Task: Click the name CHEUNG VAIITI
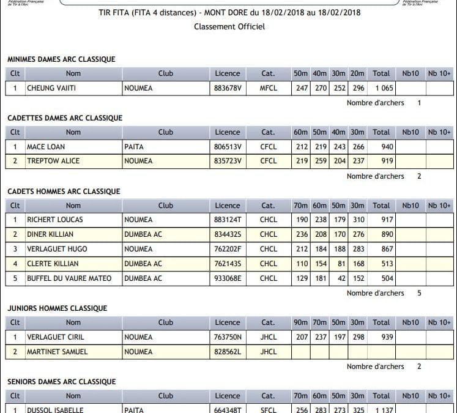[x=51, y=88]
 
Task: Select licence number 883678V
[x=228, y=88]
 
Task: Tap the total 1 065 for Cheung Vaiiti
[x=381, y=88]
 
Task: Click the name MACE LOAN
[x=46, y=147]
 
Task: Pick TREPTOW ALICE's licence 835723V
[x=228, y=161]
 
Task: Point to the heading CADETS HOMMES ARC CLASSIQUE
[x=64, y=192]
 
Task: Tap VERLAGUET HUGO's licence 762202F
[x=228, y=249]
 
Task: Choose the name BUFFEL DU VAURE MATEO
[x=69, y=278]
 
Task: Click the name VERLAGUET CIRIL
[x=55, y=337]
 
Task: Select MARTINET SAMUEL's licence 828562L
[x=228, y=351]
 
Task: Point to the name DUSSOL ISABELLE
[x=55, y=409]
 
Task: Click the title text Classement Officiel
[x=229, y=27]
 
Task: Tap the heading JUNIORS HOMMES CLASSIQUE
[x=57, y=308]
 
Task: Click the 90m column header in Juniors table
[x=300, y=322]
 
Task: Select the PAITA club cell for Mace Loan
[x=134, y=147]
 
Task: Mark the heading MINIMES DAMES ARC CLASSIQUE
[x=61, y=59]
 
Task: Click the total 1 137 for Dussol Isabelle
[x=381, y=409]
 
